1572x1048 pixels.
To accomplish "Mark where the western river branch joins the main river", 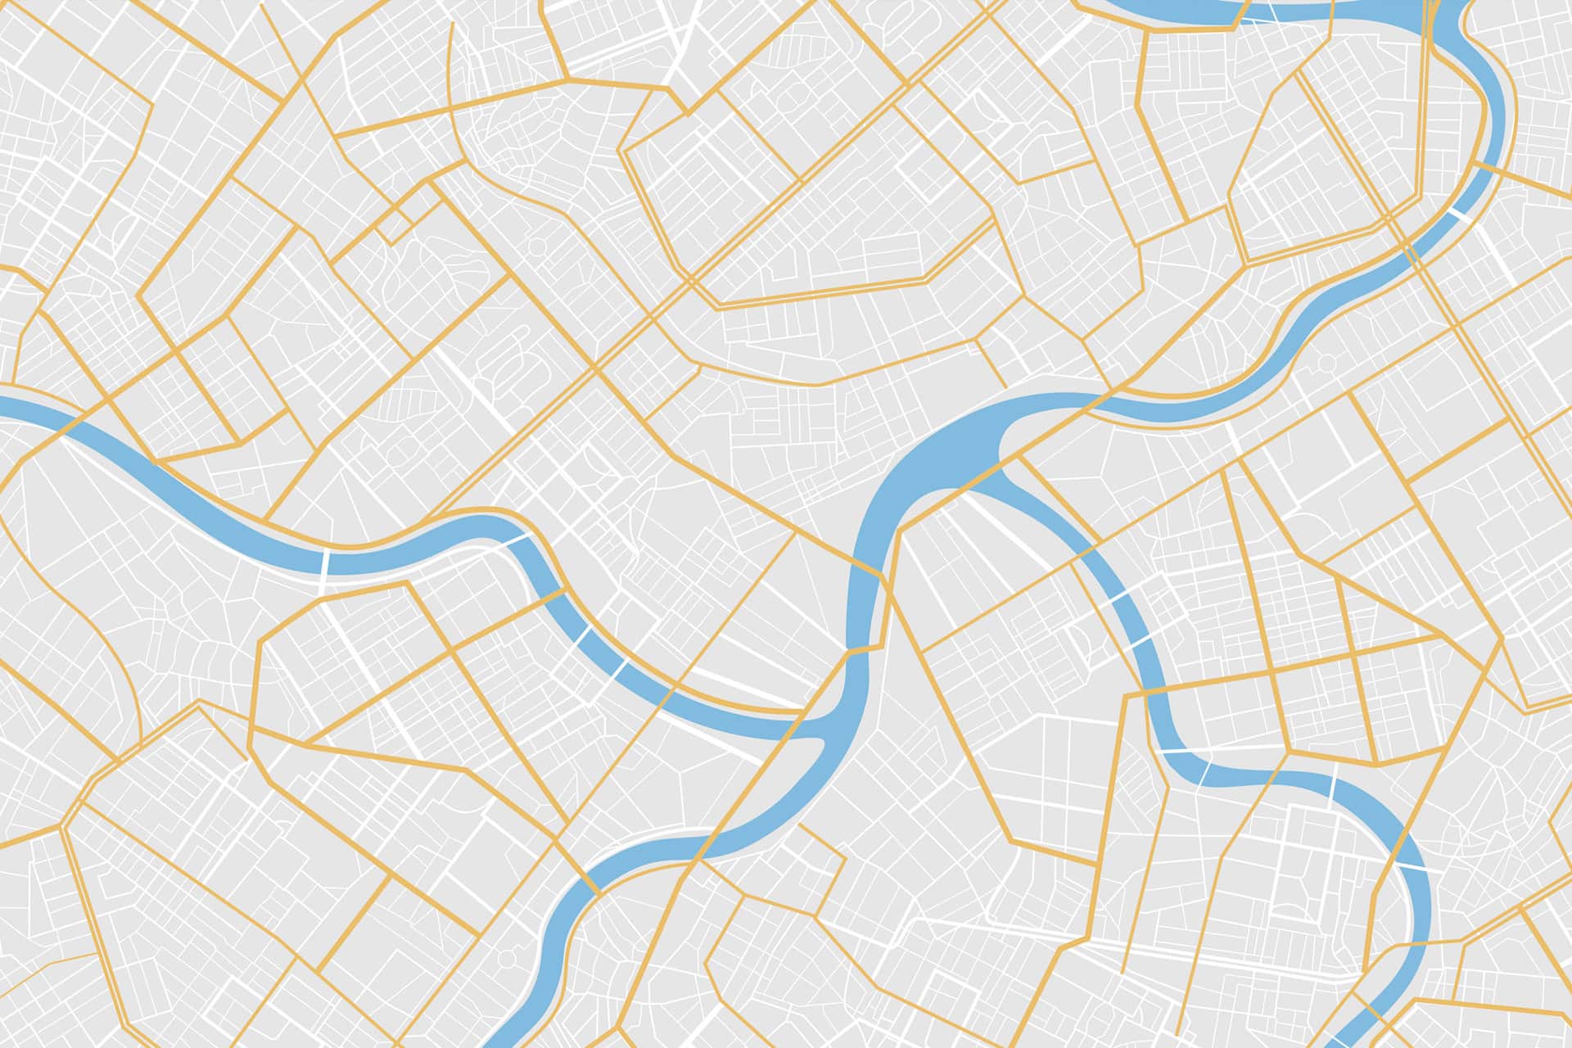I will point(827,729).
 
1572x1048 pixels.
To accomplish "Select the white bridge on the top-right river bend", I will point(1458,215).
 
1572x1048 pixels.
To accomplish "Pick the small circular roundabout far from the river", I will point(537,246).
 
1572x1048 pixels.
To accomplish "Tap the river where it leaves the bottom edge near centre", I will point(512,1038).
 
